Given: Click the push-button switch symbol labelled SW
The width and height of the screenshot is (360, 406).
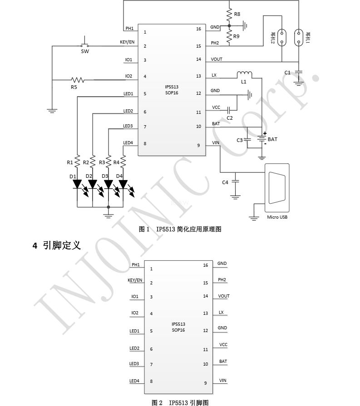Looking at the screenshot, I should tap(85, 45).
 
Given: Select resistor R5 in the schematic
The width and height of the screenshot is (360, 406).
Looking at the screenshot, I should tap(78, 80).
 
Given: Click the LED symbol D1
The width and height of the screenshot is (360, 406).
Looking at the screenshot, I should tap(77, 184).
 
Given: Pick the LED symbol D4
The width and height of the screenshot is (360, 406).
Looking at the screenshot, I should tap(123, 184).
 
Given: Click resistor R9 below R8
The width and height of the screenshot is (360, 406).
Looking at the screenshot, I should tap(229, 36).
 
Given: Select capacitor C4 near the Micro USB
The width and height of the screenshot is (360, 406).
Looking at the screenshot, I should tap(235, 181).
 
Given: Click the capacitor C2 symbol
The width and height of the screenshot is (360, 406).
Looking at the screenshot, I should tap(229, 109).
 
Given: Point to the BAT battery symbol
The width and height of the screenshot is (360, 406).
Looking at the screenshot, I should tap(262, 139).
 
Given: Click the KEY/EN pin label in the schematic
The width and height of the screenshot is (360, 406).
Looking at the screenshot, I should tap(127, 42).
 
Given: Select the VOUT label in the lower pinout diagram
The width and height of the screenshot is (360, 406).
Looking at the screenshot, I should tap(224, 296).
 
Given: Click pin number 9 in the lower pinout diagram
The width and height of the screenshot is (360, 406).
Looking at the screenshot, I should tap(205, 383).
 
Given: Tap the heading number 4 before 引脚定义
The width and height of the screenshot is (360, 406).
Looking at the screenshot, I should tap(35, 245).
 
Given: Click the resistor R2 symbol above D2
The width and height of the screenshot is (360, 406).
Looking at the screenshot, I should tap(93, 161).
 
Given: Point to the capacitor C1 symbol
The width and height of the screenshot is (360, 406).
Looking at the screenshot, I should tap(298, 72).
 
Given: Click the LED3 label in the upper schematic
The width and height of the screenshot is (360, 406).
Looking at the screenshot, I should tap(128, 126).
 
